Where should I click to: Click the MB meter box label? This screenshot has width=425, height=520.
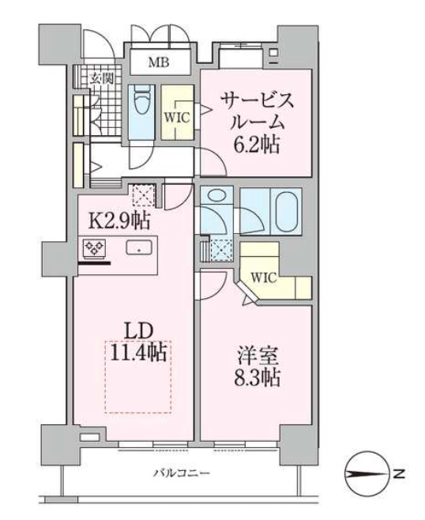point(159,62)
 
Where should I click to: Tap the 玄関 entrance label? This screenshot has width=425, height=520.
point(102,78)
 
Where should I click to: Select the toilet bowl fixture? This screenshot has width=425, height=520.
point(141,100)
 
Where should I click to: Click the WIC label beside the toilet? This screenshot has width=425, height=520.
point(177,118)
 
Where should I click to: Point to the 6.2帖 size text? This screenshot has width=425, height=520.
point(256,145)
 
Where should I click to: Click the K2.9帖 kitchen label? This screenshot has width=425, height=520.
point(119,220)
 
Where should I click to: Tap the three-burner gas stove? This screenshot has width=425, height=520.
point(95,247)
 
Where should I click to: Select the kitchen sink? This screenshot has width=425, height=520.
point(139,247)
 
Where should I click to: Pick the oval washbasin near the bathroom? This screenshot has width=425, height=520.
point(216,196)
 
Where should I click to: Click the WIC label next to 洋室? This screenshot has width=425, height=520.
point(264,277)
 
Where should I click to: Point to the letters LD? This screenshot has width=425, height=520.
point(138,330)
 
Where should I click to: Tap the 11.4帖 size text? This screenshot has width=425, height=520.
point(138,352)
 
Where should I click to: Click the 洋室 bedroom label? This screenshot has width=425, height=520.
point(258,356)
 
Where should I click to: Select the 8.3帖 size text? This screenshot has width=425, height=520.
point(258,378)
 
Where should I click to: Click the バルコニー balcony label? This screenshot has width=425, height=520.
point(182,473)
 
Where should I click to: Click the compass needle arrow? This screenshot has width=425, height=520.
point(367,474)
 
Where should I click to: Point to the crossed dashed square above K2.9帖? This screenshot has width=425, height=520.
point(144,196)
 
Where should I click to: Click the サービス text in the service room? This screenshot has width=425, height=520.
point(258,100)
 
